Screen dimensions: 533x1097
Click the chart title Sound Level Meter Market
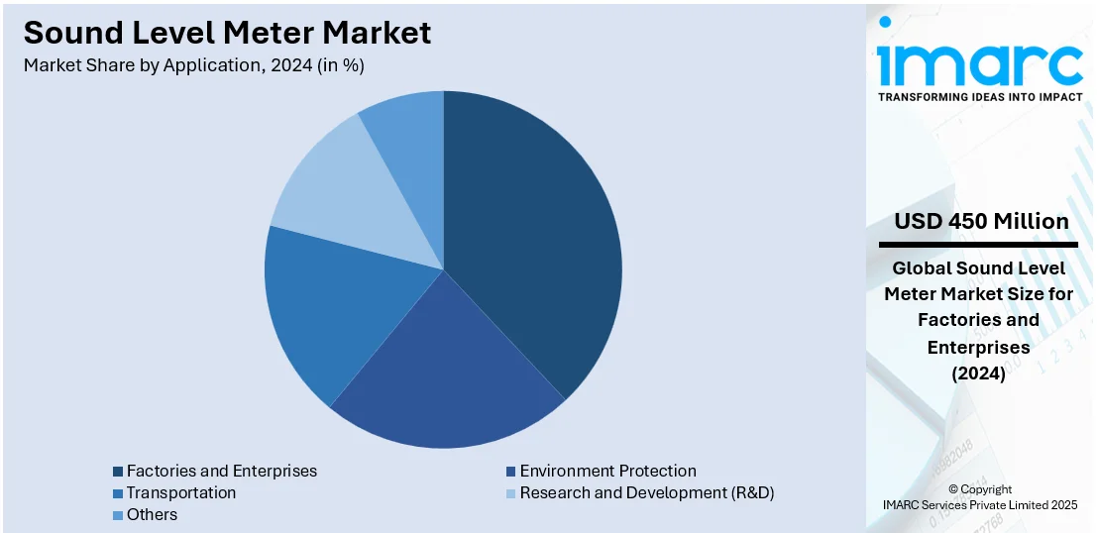pyautogui.click(x=227, y=33)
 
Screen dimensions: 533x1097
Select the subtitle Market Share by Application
pyautogui.click(x=208, y=65)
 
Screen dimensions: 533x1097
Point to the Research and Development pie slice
pyautogui.click(x=337, y=188)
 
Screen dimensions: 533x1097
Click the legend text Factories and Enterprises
pyautogui.click(x=221, y=471)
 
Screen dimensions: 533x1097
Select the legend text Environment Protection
pyautogui.click(x=607, y=471)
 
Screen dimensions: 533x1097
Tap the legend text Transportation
pyautogui.click(x=181, y=492)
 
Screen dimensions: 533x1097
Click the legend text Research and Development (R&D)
pyautogui.click(x=646, y=492)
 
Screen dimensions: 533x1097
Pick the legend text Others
pyautogui.click(x=152, y=514)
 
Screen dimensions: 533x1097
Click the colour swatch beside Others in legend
pyautogui.click(x=118, y=515)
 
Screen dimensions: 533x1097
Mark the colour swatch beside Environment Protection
pyautogui.click(x=511, y=472)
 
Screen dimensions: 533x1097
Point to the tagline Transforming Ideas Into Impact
pyautogui.click(x=980, y=97)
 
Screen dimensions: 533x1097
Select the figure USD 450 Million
pyautogui.click(x=980, y=221)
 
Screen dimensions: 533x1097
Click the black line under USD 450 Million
pyautogui.click(x=978, y=244)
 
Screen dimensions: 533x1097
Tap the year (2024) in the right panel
pyautogui.click(x=978, y=373)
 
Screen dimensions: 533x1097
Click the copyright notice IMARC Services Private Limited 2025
pyautogui.click(x=979, y=504)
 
